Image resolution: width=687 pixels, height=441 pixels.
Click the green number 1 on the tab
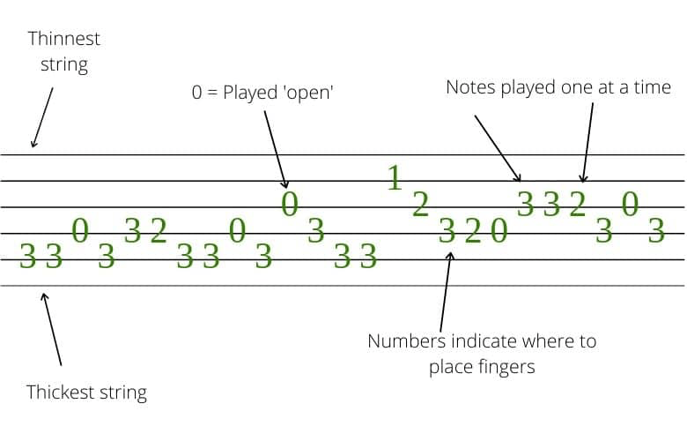[395, 178]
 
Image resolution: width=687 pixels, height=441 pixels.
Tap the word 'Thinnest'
[64, 39]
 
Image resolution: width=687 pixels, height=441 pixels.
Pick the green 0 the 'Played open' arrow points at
[289, 205]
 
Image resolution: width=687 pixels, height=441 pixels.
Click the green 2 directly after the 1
[420, 205]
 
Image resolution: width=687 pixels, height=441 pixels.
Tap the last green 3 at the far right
[655, 231]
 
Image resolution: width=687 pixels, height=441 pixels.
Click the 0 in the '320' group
[499, 232]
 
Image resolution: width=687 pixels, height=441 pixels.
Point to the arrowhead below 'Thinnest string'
[33, 144]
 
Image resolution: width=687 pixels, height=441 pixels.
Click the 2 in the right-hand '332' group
[577, 205]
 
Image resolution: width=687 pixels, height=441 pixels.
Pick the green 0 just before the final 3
[629, 205]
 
